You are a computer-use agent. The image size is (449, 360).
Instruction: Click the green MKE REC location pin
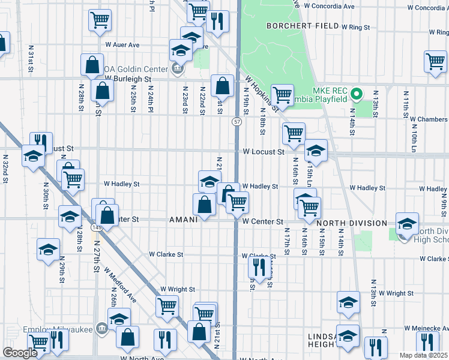[x=356, y=94]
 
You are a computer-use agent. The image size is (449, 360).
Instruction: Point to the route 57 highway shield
[x=238, y=122]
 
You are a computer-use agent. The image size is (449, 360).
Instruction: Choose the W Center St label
[x=263, y=221]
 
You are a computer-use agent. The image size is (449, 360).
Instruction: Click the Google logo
[x=20, y=353]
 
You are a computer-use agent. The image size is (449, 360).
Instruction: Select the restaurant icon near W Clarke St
[x=259, y=267]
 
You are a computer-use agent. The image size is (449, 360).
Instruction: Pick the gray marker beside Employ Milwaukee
[x=101, y=328]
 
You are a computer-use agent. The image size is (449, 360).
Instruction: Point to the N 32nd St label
[x=5, y=169]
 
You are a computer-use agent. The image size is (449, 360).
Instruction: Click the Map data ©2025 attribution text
[x=423, y=355]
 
